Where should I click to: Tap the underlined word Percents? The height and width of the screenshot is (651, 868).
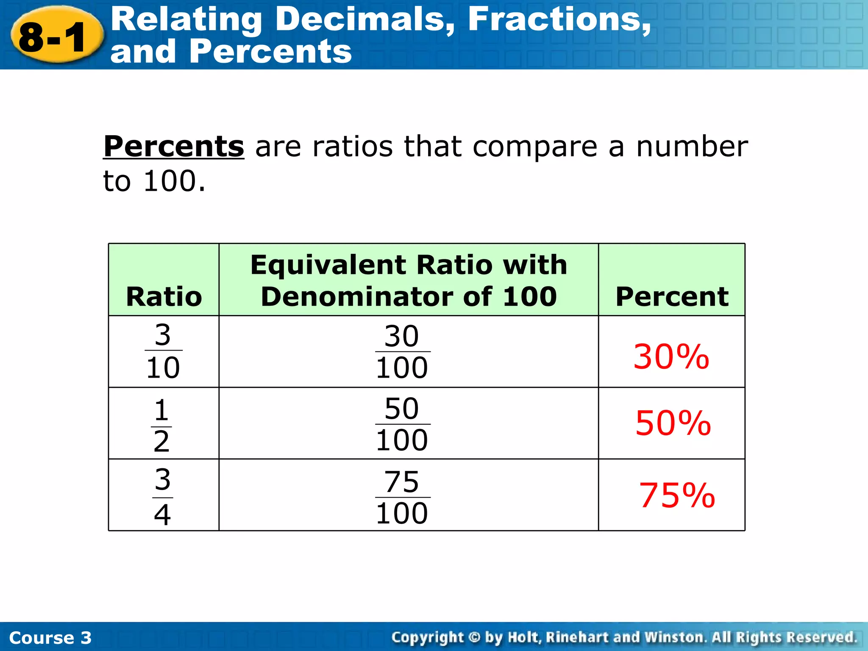(174, 147)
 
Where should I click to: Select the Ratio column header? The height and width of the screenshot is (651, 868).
(164, 296)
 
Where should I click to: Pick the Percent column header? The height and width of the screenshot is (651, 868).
(672, 296)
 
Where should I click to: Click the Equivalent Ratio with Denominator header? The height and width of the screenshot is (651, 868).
(409, 280)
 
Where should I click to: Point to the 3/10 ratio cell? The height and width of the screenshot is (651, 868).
(163, 351)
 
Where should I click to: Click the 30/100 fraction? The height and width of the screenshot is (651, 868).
(402, 352)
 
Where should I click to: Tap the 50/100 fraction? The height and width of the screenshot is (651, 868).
(402, 424)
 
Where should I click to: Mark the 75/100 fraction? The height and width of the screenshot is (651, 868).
(402, 497)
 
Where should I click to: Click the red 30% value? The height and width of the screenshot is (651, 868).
(671, 357)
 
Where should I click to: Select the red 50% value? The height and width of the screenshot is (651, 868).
(673, 423)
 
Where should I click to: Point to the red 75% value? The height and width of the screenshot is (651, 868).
(677, 495)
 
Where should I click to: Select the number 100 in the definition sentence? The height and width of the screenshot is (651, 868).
(170, 181)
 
